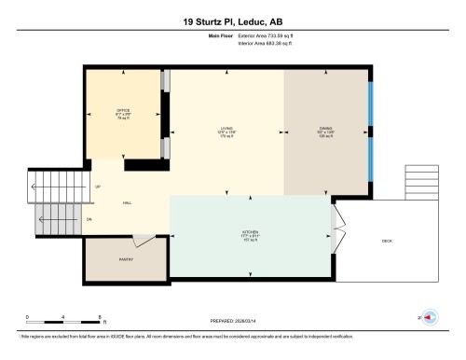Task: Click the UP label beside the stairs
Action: point(98,187)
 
